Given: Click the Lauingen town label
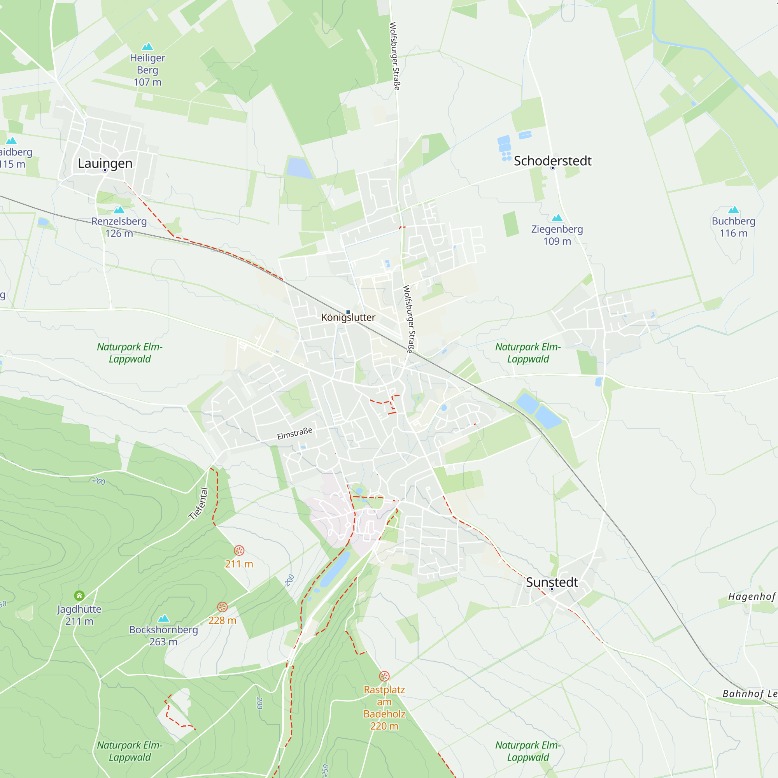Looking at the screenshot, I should pos(105,163).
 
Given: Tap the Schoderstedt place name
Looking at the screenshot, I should pos(552,161).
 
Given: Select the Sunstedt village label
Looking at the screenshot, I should pos(552,582).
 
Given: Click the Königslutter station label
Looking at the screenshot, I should pos(348,317).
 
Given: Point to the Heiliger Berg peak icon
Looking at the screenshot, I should pos(148,46).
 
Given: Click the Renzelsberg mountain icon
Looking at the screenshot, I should pos(119,210).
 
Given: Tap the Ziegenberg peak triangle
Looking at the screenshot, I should pos(557,218).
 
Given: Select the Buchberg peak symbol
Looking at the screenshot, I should pos(734,210).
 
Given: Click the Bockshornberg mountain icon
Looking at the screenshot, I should pos(163,618).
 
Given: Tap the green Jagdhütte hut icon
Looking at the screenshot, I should pos(79,595).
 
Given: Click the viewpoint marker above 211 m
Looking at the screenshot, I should pos(239,550).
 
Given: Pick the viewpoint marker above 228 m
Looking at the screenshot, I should pos(222,607).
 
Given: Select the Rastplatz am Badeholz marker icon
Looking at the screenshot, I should pos(384,676).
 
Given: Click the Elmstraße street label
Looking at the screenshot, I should pos(295,433).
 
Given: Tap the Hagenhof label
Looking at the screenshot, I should pos(752,596).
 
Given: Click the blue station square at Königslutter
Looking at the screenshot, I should pos(348,312).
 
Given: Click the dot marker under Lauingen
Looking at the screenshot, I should pos(105,170).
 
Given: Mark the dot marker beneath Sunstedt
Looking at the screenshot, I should pos(552,589).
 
